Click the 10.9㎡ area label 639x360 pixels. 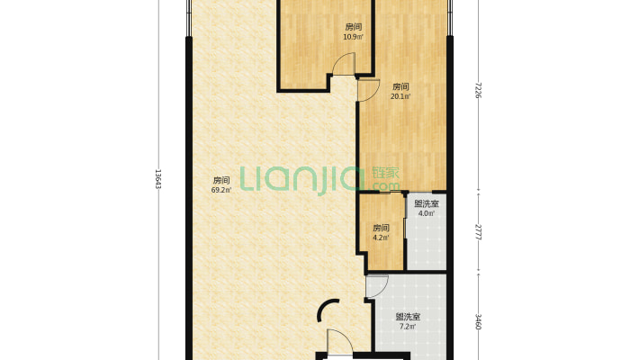pos(354,37)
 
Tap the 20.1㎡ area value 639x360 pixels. pos(400,96)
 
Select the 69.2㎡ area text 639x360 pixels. pos(221,190)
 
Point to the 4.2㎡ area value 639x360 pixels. pos(381,238)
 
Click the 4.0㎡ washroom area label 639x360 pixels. pos(427,212)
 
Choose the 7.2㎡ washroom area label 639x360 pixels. pos(408,326)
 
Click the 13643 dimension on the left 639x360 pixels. pos(158,179)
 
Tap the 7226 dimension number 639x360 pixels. pos(478,91)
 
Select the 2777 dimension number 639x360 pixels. pos(478,232)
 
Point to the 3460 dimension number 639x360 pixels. pos(478,321)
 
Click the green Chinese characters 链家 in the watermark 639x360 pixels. pos(385,173)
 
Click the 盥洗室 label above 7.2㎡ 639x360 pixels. pos(408,317)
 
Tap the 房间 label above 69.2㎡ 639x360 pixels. pos(221,180)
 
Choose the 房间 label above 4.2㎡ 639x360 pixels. pos(381,228)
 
